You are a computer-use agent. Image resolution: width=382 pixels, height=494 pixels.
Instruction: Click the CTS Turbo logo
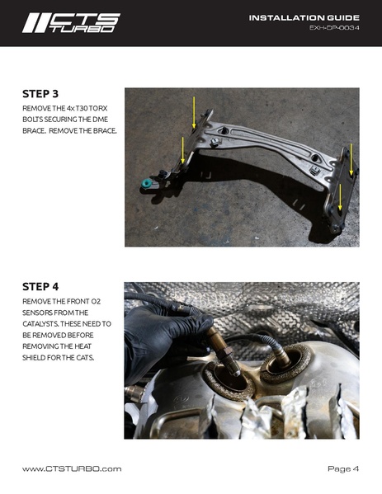(71, 23)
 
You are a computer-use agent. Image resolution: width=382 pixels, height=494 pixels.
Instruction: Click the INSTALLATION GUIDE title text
(304, 17)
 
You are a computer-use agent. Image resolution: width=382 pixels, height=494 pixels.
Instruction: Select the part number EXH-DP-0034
(334, 28)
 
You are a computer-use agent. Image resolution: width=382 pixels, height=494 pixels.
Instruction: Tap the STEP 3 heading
(40, 94)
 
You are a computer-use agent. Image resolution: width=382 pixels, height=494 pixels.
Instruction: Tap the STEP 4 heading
(40, 287)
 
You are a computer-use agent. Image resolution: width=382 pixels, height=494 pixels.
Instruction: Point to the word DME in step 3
(101, 120)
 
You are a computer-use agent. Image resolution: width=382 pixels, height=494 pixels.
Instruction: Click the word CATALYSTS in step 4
(40, 324)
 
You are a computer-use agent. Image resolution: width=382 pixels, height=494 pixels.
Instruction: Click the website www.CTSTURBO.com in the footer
(72, 468)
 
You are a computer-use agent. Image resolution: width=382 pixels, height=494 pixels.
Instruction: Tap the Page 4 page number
(343, 468)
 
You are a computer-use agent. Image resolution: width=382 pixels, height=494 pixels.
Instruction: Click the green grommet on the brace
(146, 183)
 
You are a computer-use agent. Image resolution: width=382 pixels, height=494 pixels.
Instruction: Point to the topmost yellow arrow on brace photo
(194, 112)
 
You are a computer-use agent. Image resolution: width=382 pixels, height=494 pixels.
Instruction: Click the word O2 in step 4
(96, 302)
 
